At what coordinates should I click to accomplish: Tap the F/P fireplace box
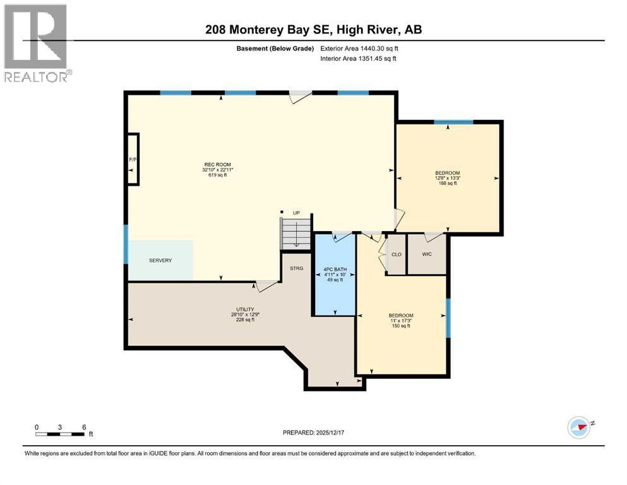[x=133, y=159]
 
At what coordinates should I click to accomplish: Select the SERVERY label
[x=160, y=260]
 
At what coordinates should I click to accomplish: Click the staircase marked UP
[x=296, y=234]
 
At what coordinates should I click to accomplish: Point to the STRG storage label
[x=297, y=268]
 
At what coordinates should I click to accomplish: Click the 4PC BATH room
[x=335, y=274]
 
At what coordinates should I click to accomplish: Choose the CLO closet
[x=397, y=254]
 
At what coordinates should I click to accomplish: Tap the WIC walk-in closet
[x=427, y=254]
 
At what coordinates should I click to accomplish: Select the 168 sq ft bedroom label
[x=448, y=178]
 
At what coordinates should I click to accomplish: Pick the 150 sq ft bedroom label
[x=401, y=321]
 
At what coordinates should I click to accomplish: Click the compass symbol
[x=580, y=427]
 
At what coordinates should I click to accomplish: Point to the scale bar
[x=60, y=434]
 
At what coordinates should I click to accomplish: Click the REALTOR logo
[x=38, y=43]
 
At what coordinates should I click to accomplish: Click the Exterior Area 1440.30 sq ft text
[x=359, y=49]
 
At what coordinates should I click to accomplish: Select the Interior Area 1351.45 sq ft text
[x=358, y=58]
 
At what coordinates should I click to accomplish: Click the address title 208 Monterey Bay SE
[x=269, y=30]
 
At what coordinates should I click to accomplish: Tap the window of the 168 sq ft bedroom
[x=453, y=122]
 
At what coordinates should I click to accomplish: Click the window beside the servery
[x=126, y=244]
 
